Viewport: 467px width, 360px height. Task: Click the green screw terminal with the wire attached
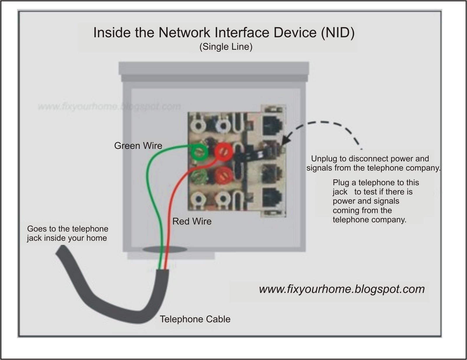point(199,152)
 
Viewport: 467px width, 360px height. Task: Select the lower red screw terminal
point(224,175)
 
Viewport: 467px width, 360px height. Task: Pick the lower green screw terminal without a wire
point(199,175)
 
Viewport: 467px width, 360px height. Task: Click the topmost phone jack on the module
point(272,125)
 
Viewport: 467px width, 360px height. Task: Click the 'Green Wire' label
point(138,145)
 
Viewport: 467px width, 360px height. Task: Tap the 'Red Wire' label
point(192,221)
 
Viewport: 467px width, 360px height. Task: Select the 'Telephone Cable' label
point(195,319)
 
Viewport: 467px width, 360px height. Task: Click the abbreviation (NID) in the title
point(338,32)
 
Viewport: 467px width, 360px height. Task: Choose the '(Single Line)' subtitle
point(226,47)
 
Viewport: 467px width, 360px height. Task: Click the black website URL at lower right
point(342,289)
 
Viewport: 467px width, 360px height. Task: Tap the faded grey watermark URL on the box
point(109,106)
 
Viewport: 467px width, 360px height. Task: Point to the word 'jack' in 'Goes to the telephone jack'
point(34,238)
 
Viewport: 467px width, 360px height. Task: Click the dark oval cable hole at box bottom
point(165,249)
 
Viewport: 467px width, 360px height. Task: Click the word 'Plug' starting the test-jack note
point(341,183)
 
